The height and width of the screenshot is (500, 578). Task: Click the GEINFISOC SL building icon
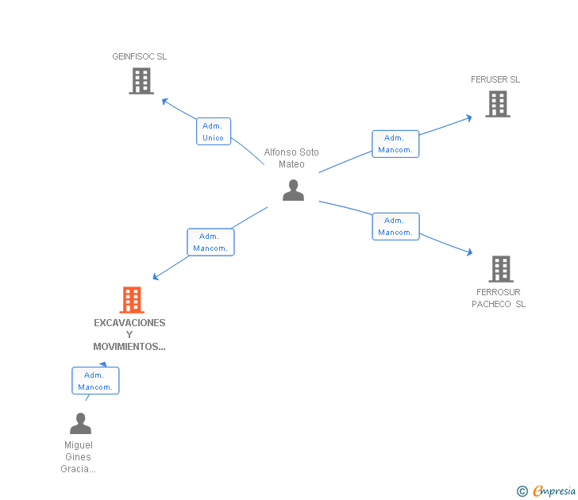pos(141,81)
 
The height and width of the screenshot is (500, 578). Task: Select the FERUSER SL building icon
pos(497,104)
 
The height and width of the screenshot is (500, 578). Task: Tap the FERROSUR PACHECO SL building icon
pos(500,269)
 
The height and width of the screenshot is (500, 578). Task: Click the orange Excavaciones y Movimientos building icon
pos(131,300)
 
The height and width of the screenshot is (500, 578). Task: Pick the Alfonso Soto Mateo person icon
pos(293,190)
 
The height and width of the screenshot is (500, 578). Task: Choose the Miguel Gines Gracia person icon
pos(80,424)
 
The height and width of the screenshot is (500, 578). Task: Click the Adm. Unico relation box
pos(214,132)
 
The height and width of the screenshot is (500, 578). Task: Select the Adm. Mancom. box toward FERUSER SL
pos(395,144)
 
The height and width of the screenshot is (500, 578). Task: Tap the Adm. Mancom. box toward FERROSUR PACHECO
pos(395,226)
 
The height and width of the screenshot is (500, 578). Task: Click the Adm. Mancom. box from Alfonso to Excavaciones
pos(210,242)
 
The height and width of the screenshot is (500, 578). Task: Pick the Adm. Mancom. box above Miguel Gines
pos(95,381)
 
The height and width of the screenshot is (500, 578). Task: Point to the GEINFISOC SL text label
pos(140,56)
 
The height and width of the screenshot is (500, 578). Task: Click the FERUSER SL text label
pos(495,79)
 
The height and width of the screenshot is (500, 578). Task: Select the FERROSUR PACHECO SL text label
pos(499,298)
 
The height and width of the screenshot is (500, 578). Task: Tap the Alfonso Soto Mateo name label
pos(291,158)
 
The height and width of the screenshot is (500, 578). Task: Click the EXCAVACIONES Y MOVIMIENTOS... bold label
pos(129,334)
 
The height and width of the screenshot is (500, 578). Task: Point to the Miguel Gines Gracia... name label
pos(78,457)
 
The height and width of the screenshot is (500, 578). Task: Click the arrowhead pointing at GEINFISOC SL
pos(164,101)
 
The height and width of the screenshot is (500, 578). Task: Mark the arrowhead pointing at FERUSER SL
pos(469,117)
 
